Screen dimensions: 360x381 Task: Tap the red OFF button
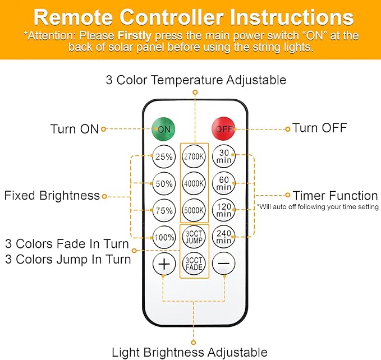pos(223,128)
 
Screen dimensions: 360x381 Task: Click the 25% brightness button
pos(164,157)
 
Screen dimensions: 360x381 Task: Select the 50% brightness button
pos(164,183)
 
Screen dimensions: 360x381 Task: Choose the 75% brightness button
pos(164,210)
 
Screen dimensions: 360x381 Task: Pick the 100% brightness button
pos(164,237)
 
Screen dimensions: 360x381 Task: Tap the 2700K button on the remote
pos(194,157)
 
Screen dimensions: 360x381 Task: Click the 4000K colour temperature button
pos(194,183)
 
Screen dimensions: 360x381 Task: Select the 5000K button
pos(194,210)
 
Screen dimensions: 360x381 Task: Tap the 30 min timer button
pos(224,156)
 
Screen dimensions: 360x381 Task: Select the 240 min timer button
pos(224,237)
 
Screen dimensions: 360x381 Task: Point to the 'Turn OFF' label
pos(319,128)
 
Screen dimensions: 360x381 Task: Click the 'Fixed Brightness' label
pos(52,196)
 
